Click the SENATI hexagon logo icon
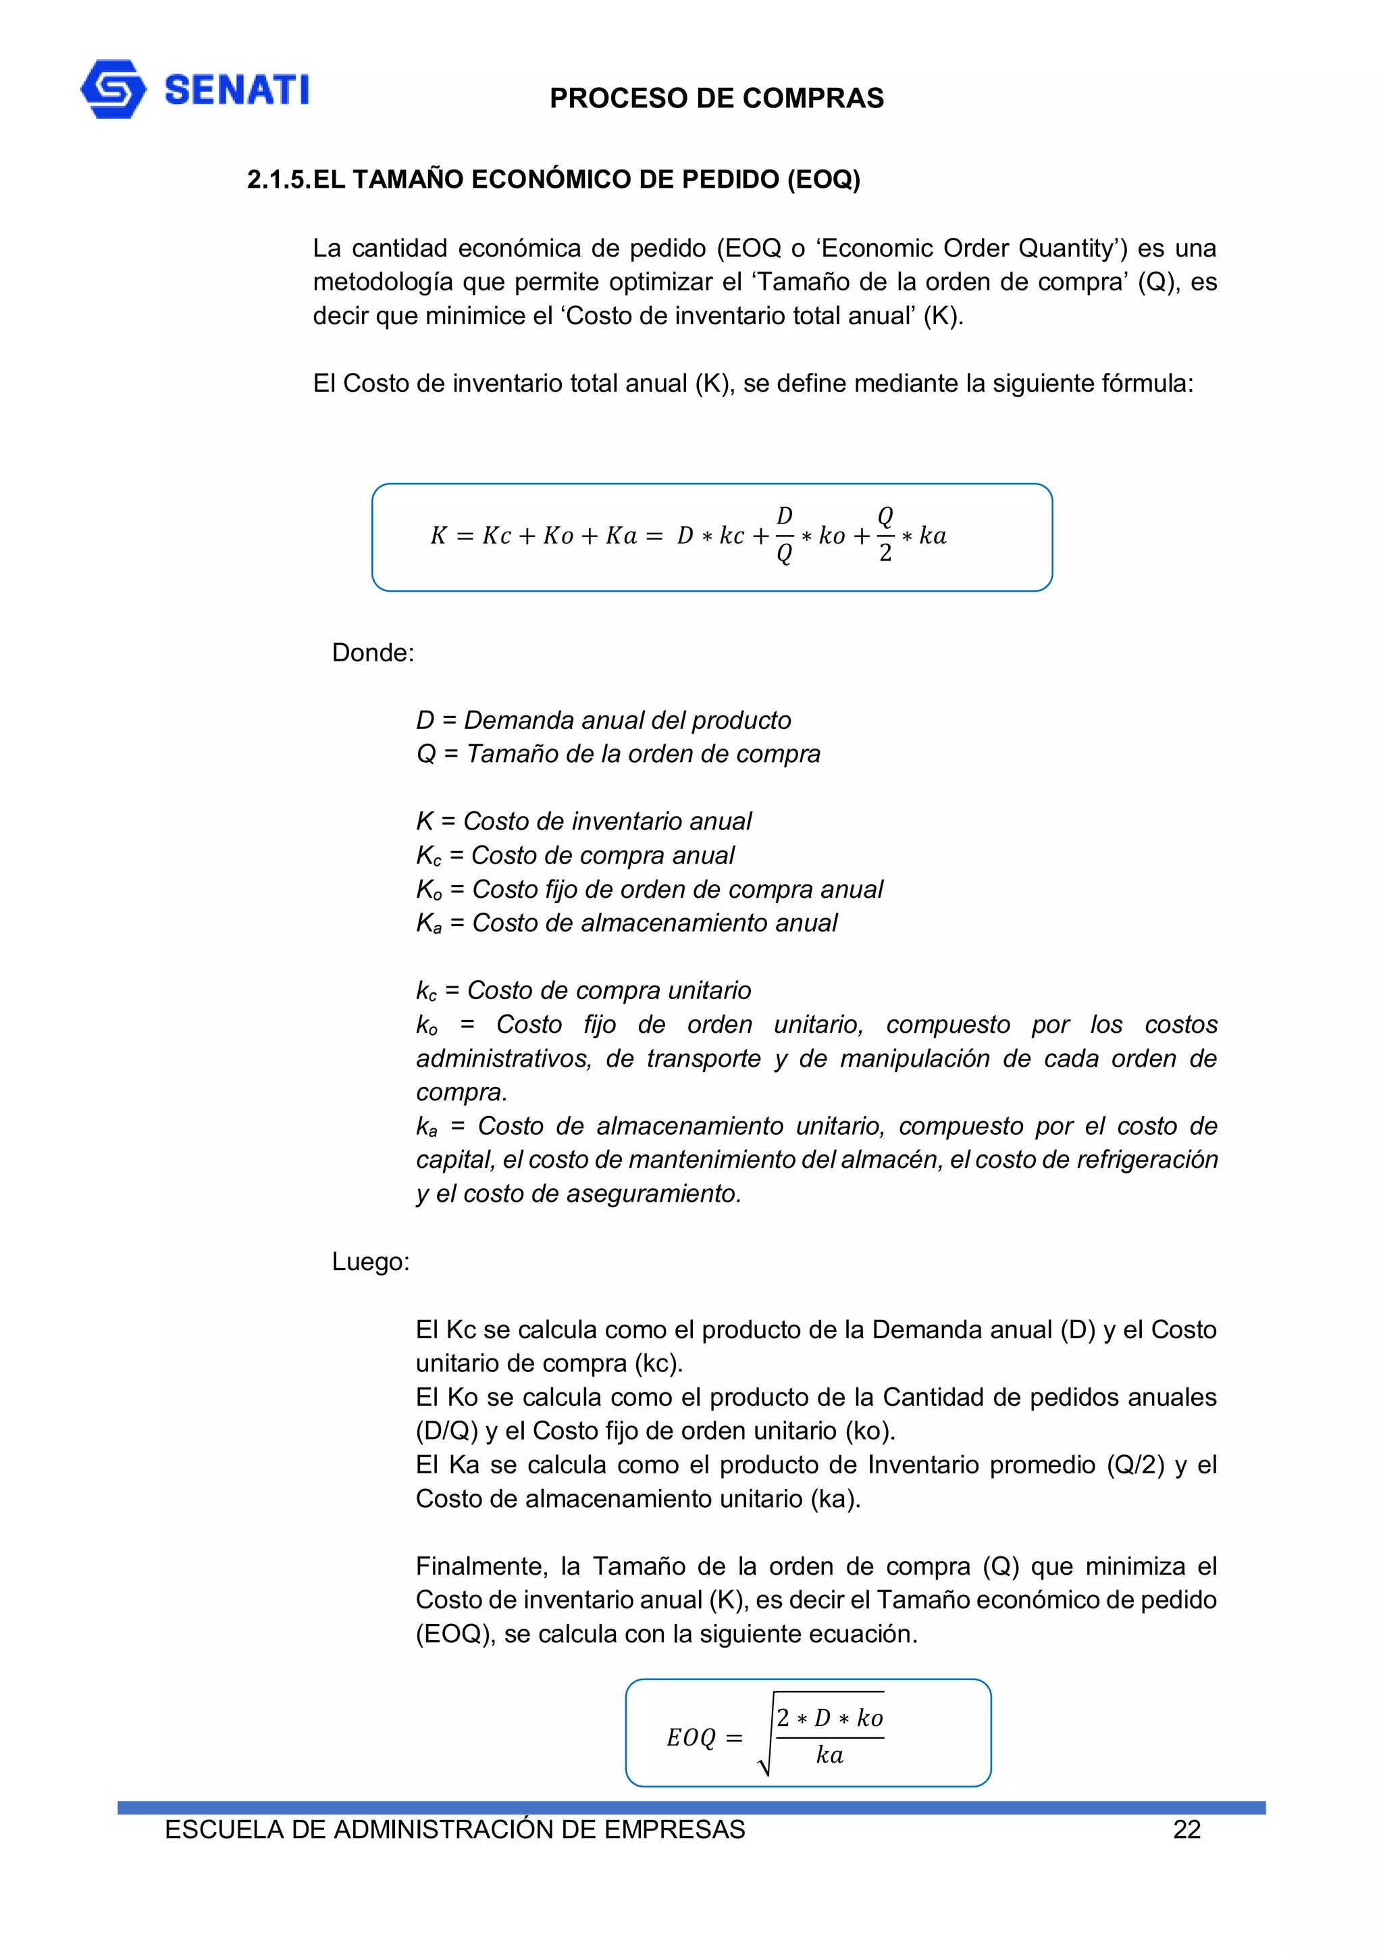[113, 89]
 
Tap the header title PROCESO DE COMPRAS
[716, 98]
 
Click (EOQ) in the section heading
[823, 180]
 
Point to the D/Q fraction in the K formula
[784, 535]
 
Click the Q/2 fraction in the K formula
[885, 535]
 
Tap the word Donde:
[372, 653]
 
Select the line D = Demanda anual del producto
[603, 720]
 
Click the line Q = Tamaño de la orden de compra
[618, 755]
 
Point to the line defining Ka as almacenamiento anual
[626, 923]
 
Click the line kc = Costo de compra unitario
[583, 990]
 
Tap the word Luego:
[371, 1261]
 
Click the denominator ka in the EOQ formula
[829, 1755]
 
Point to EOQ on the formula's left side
[691, 1738]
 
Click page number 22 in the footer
[1186, 1829]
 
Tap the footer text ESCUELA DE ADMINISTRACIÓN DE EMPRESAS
[454, 1829]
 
